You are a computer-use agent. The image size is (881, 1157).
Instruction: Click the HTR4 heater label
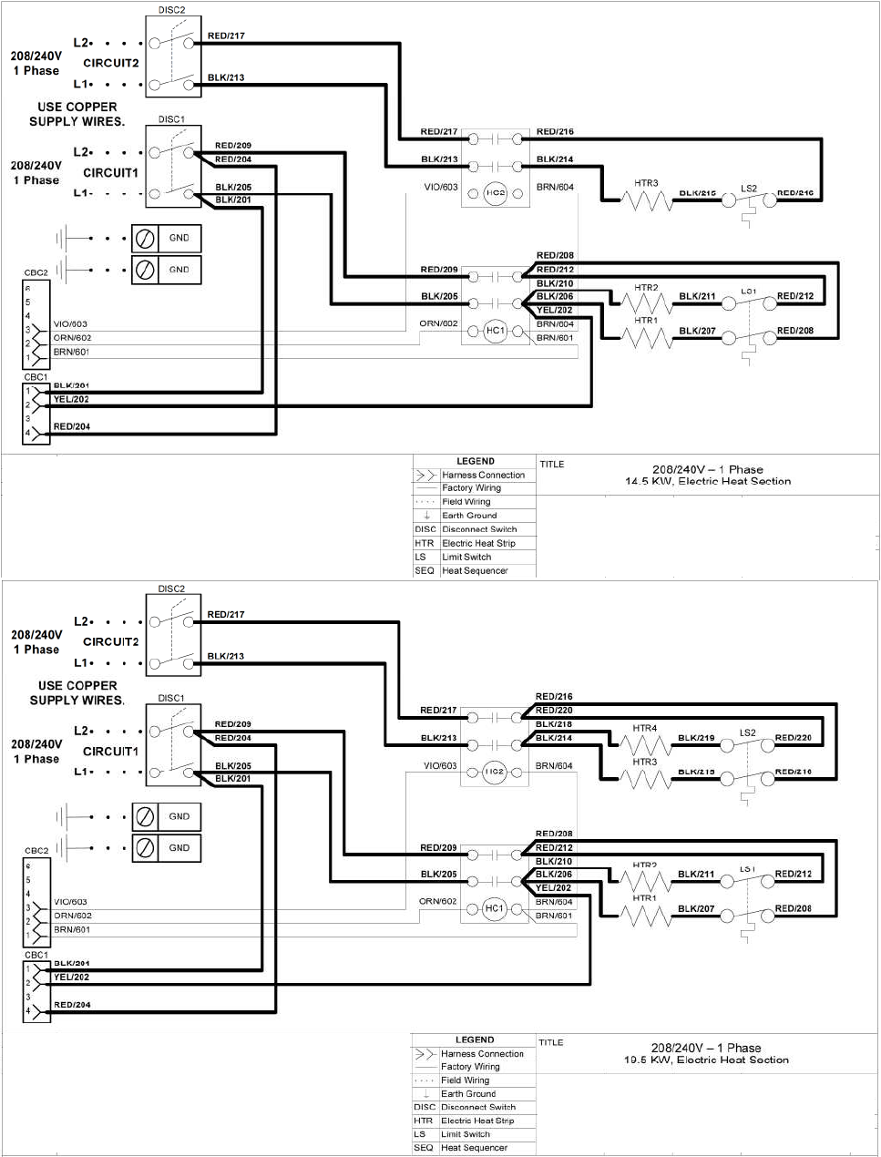coord(644,728)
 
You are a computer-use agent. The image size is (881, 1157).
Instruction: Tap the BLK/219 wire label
coord(696,738)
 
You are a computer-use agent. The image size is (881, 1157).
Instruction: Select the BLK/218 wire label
coord(554,724)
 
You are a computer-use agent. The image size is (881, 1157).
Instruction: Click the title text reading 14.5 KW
coord(708,482)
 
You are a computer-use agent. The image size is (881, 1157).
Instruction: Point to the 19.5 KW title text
coord(706,1060)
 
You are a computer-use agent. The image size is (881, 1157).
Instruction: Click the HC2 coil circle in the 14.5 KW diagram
coord(495,193)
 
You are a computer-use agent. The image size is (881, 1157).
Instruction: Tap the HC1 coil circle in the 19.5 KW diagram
coord(494,908)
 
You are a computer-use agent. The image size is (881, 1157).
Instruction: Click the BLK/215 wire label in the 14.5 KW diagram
coord(697,193)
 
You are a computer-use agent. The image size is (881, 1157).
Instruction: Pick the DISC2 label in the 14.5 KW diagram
coord(171,10)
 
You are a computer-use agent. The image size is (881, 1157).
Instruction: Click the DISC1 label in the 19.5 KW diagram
coord(171,698)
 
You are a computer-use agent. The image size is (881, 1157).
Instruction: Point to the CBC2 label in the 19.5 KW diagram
coord(36,851)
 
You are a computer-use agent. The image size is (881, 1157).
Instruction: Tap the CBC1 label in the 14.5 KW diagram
coord(36,377)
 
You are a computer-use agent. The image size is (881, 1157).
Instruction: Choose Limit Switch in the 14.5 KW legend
coord(466,557)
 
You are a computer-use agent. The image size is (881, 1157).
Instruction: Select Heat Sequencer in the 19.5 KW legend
coord(474,1148)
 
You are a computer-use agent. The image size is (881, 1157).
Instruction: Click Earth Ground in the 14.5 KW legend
coord(469,516)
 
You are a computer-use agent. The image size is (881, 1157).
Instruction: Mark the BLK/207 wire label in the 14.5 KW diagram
coord(697,331)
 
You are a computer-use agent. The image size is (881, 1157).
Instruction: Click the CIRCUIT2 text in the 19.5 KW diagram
coord(111,641)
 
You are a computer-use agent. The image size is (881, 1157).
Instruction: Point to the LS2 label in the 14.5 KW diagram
coord(748,189)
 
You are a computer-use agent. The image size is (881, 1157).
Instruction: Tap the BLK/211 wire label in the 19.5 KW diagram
coord(696,875)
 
